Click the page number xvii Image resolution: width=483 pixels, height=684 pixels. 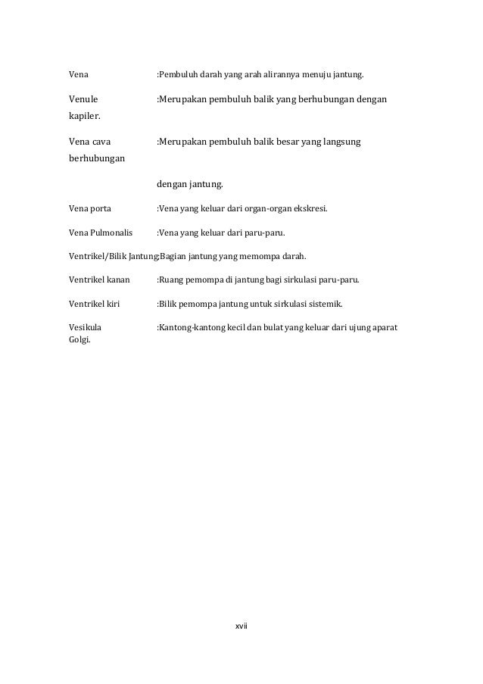[x=242, y=626]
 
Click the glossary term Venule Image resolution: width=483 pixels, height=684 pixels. [x=83, y=98]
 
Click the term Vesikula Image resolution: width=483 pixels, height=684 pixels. [x=85, y=328]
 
